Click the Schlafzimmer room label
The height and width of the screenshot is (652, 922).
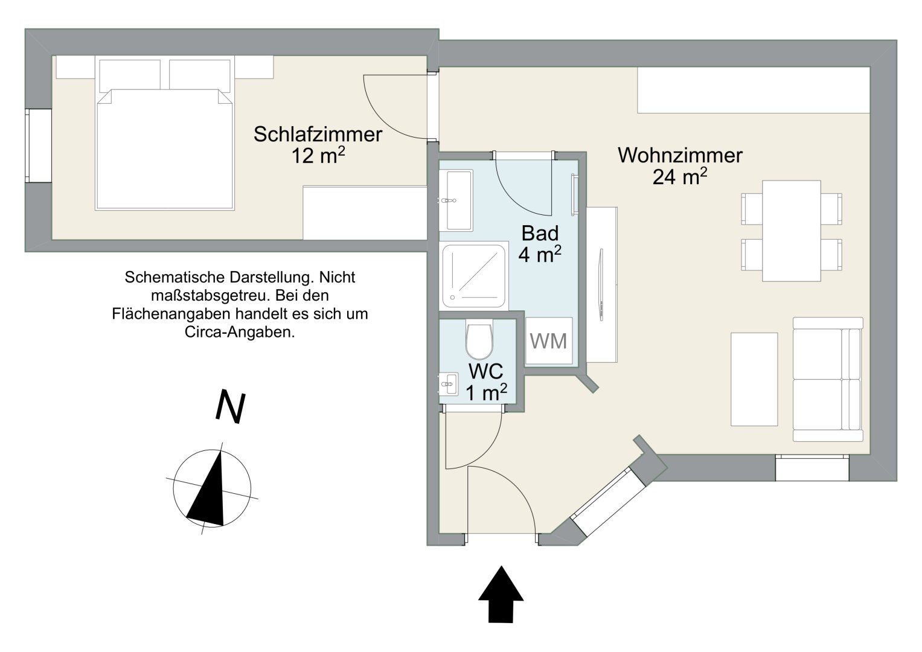pos(318,134)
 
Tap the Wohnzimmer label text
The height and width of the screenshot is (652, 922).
pos(680,155)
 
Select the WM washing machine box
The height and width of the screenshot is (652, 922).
pos(548,341)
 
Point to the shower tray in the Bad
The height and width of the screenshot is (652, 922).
pos(473,275)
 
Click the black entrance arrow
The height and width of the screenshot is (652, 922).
pos(501,593)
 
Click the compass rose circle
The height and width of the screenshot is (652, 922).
pos(212,488)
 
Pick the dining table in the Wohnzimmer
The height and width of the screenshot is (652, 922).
pos(791,231)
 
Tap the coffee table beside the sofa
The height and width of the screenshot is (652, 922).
pos(754,379)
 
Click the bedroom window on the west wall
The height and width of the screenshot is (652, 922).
pos(38,145)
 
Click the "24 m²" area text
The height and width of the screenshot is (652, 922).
pos(680,177)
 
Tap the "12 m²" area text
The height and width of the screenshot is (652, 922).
pos(318,156)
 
